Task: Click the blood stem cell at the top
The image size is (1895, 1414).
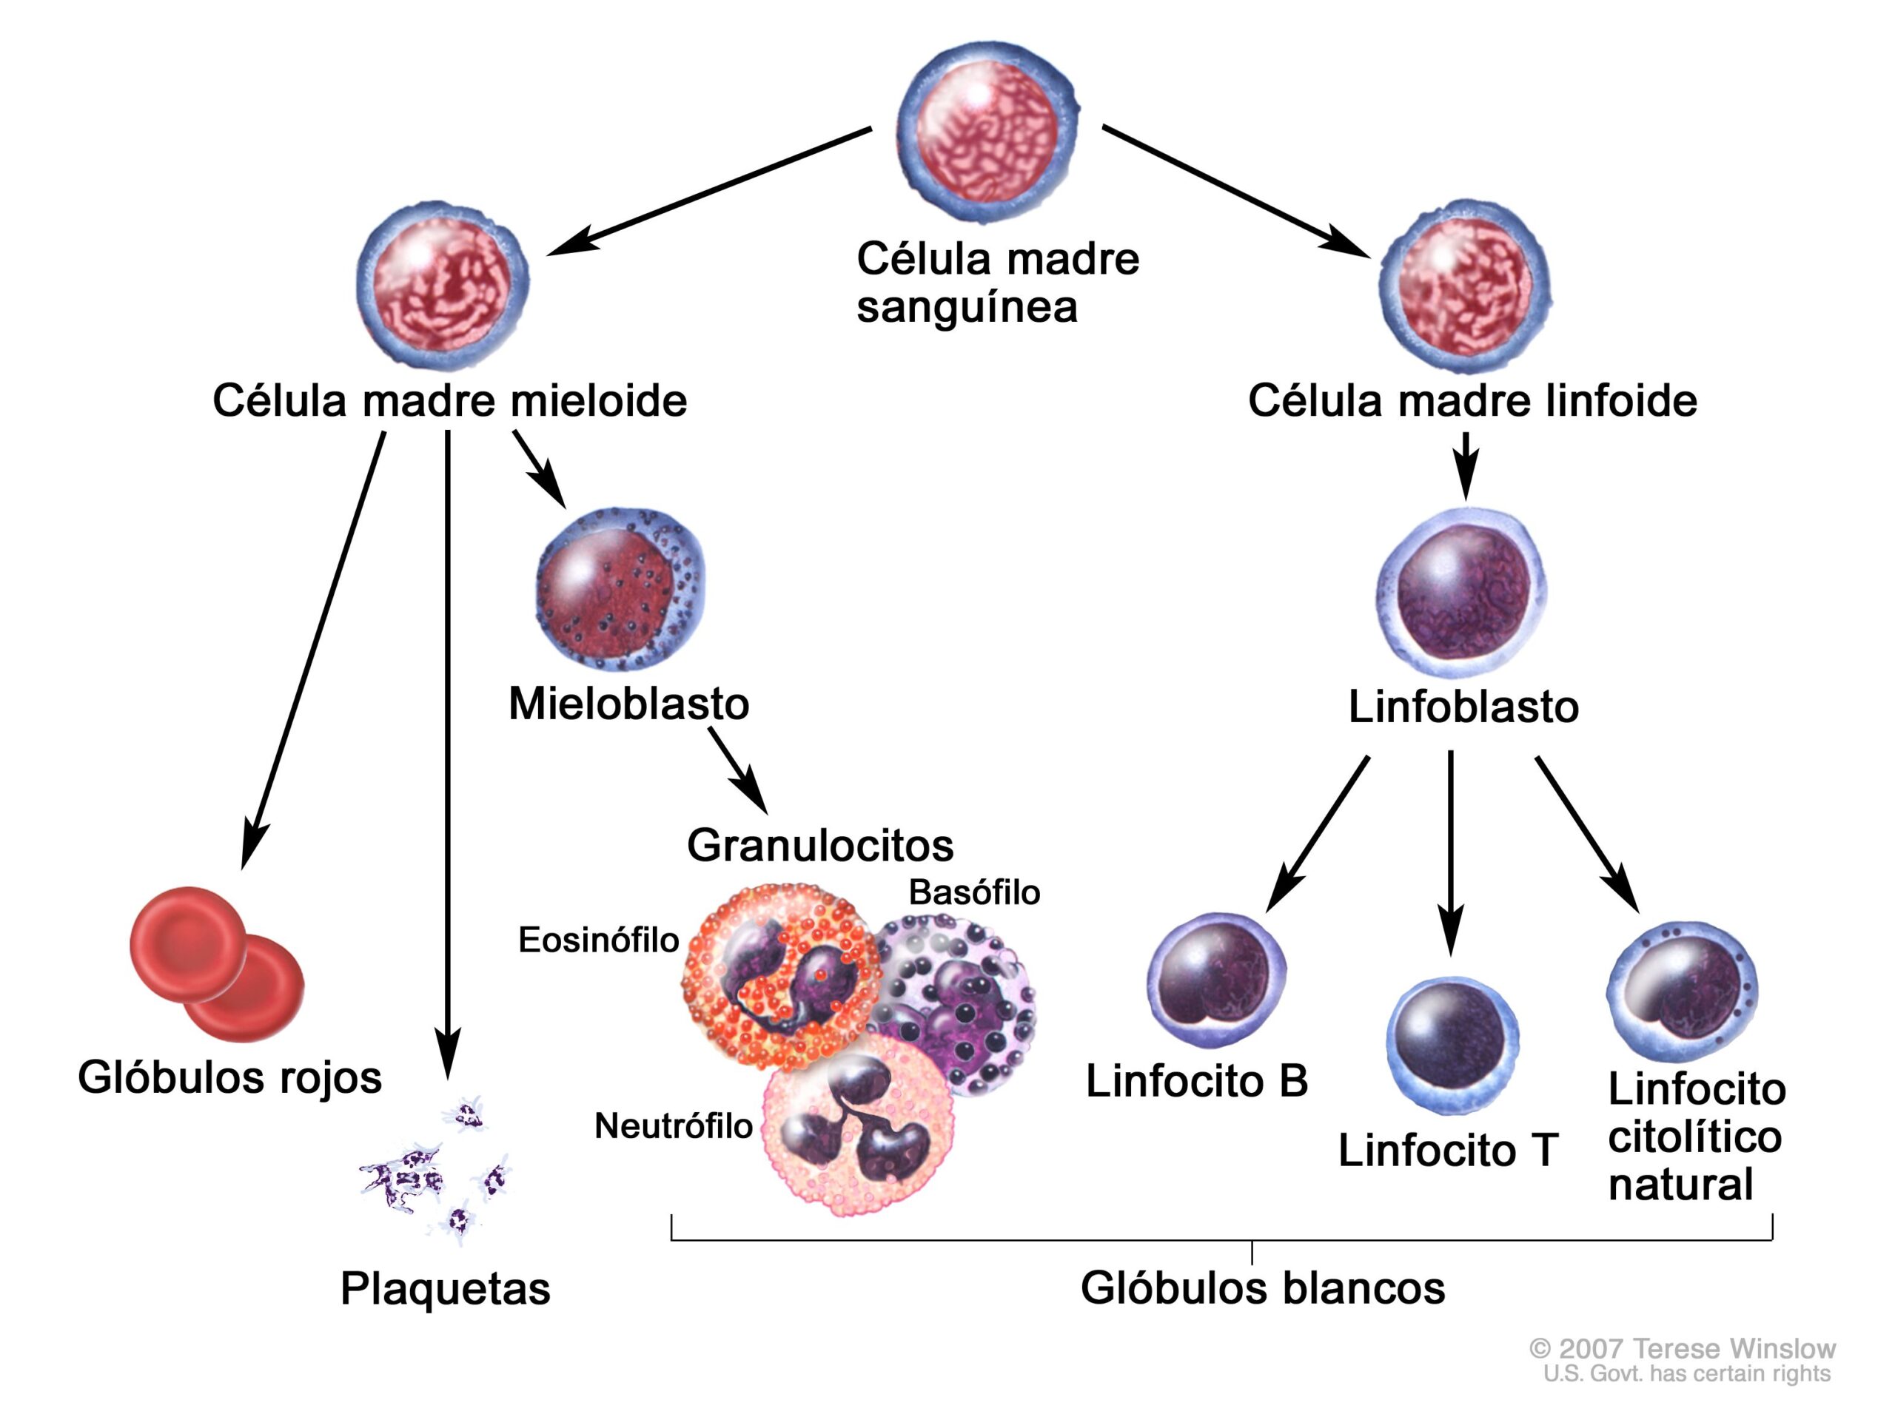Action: pyautogui.click(x=987, y=130)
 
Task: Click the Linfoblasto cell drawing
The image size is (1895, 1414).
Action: pyautogui.click(x=1462, y=590)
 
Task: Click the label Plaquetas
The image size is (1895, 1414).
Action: pyautogui.click(x=446, y=1287)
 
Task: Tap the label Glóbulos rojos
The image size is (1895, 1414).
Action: pyautogui.click(x=229, y=1077)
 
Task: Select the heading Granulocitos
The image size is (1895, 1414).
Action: pyautogui.click(x=819, y=846)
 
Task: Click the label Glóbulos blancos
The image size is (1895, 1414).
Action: pyautogui.click(x=1262, y=1287)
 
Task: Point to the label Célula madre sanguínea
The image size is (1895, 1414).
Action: pyautogui.click(x=997, y=283)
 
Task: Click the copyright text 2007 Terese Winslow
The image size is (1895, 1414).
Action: pyautogui.click(x=1682, y=1349)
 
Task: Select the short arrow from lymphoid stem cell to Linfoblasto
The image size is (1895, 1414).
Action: pyautogui.click(x=1465, y=465)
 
